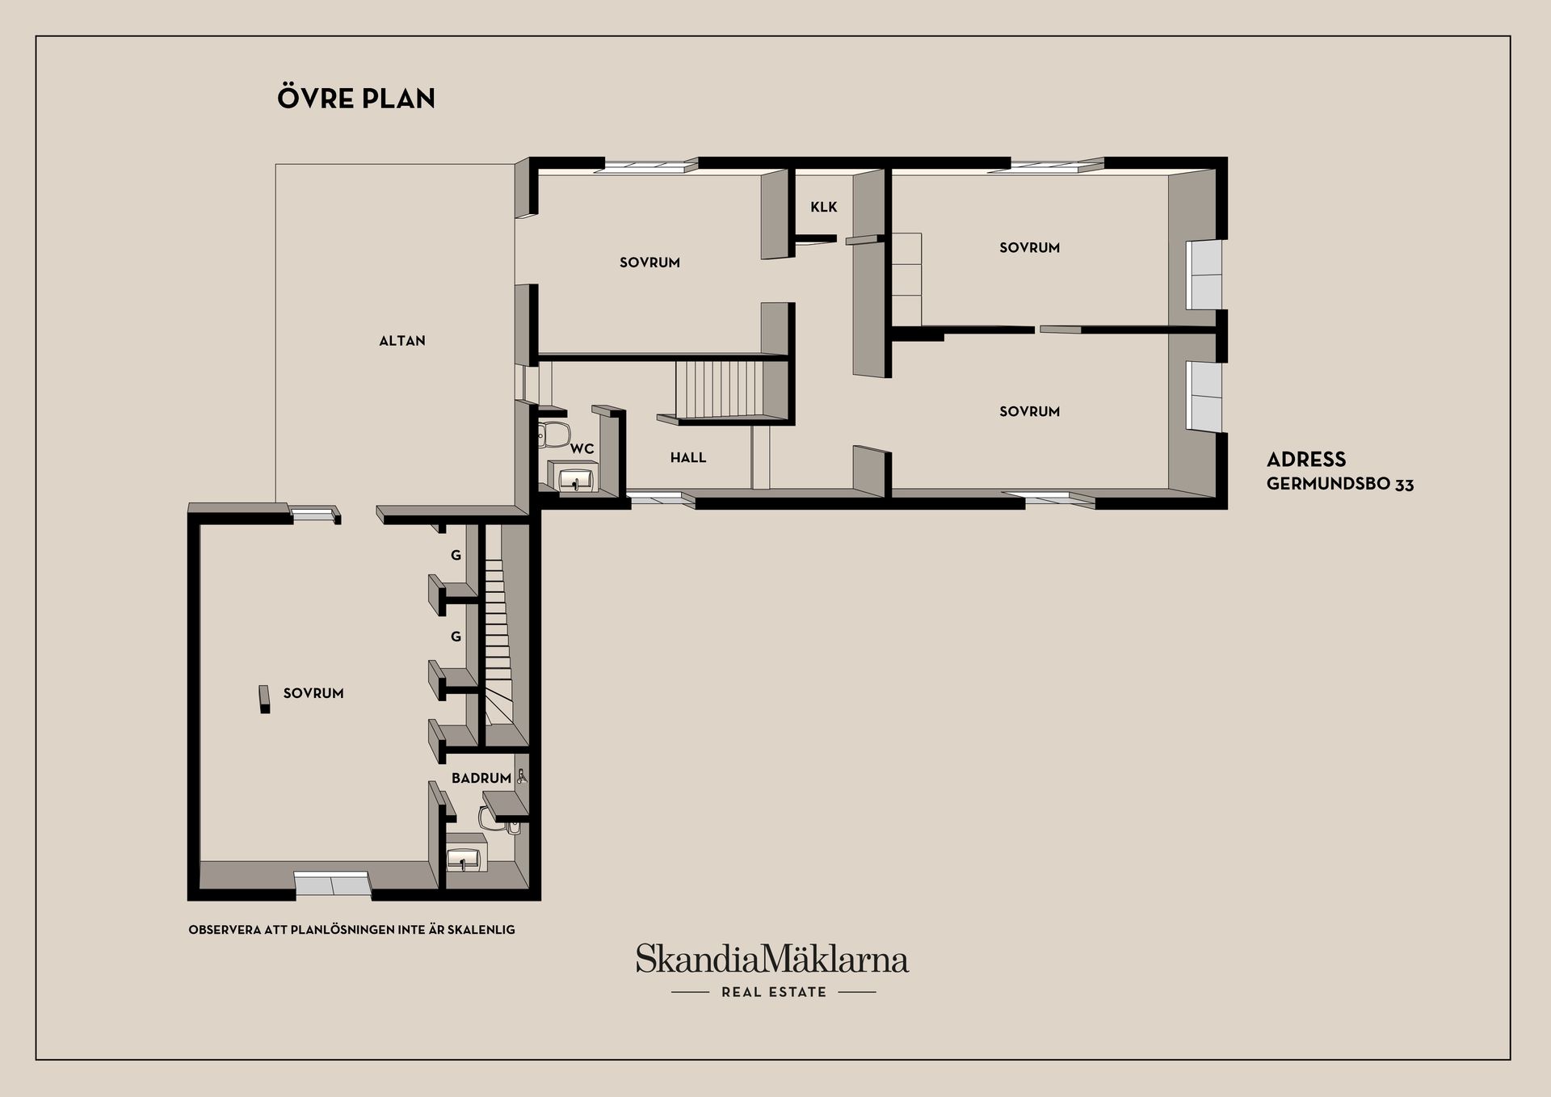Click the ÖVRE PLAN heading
point(356,98)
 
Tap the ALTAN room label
point(402,341)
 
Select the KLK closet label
point(824,207)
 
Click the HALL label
point(688,458)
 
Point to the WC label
point(582,449)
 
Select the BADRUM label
point(481,779)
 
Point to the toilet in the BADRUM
point(494,818)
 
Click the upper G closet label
point(456,556)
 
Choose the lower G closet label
point(456,637)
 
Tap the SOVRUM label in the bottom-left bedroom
point(313,693)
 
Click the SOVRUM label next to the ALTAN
point(649,263)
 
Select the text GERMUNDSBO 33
point(1340,485)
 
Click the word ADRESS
point(1306,460)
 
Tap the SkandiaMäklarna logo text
point(772,959)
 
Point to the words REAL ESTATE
point(774,992)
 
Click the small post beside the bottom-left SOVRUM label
point(264,700)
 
